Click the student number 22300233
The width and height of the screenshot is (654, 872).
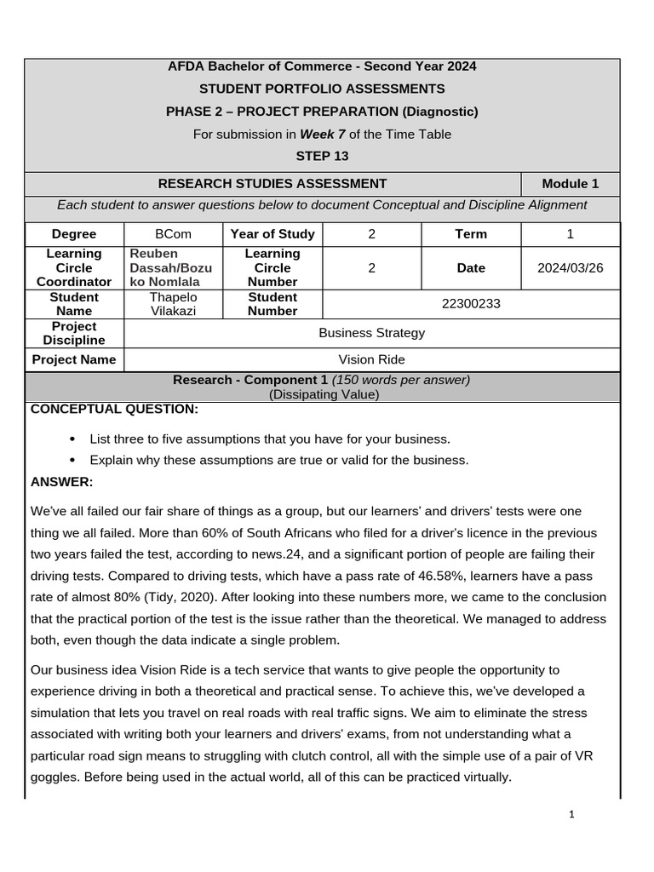coord(471,304)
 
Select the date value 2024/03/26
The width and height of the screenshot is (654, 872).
coord(570,267)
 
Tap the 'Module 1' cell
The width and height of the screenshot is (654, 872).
coord(570,183)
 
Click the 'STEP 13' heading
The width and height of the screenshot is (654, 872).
coord(322,156)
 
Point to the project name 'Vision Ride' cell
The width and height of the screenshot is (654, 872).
coord(371,359)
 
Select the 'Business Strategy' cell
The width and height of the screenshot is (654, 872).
coord(371,333)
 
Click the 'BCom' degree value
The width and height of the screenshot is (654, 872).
coord(173,233)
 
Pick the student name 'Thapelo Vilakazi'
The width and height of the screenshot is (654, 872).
coord(173,304)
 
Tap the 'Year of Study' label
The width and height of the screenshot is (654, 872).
coord(272,233)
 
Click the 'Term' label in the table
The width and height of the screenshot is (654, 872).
coord(471,233)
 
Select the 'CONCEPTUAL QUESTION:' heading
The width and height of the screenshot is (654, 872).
coord(114,410)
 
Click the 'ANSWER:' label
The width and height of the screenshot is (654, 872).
coord(61,482)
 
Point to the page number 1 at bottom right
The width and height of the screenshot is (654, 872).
coord(572,815)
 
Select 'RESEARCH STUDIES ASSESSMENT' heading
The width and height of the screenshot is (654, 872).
coord(272,183)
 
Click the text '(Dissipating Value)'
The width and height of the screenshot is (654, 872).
coord(324,394)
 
